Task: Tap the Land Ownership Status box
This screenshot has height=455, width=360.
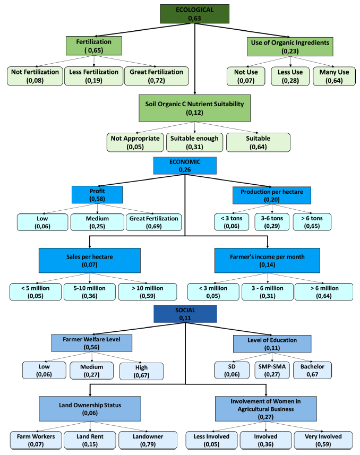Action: [x=89, y=409]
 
